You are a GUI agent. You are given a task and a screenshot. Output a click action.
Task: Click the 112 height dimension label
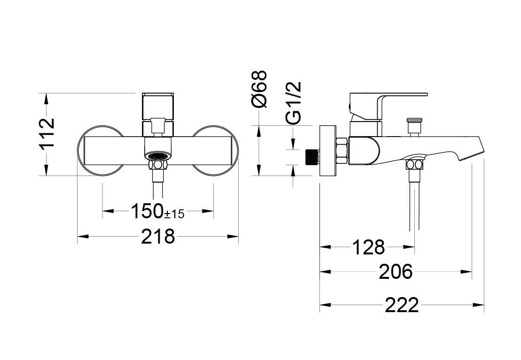click(x=47, y=133)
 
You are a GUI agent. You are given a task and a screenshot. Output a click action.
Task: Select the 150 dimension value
click(x=147, y=211)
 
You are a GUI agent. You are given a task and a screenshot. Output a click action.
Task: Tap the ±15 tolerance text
click(x=174, y=214)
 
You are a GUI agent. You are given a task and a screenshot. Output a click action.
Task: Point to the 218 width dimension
click(x=158, y=236)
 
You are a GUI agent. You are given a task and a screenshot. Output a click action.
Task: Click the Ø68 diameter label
click(x=259, y=89)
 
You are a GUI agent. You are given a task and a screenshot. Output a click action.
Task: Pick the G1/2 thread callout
click(x=294, y=103)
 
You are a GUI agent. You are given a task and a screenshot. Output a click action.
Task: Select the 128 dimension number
click(x=368, y=247)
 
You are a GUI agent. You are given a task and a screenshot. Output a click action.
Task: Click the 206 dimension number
click(x=396, y=272)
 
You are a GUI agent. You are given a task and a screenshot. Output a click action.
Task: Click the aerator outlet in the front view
click(x=158, y=155)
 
